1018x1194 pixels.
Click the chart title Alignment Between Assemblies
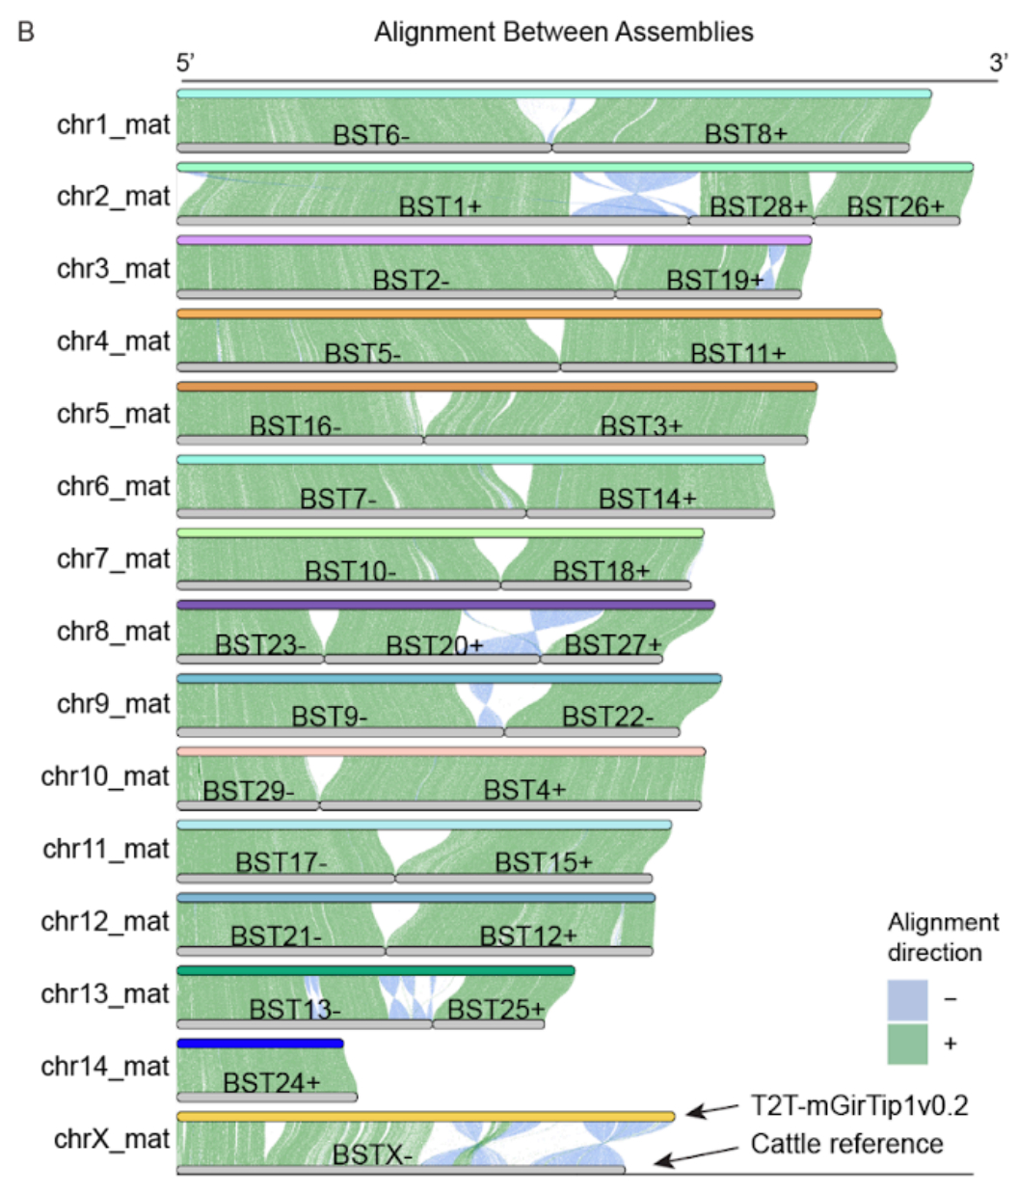coord(564,32)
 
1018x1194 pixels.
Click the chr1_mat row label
coord(114,124)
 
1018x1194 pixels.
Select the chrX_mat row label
coord(112,1139)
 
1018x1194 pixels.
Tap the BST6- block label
coord(371,136)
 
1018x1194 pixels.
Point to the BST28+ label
coord(759,207)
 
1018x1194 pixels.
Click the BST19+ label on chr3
coord(714,281)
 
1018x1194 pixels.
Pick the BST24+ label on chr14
coord(271,1084)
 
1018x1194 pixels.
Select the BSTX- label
coord(372,1155)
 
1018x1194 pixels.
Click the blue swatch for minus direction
coord(907,1000)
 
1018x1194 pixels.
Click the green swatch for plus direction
coord(907,1045)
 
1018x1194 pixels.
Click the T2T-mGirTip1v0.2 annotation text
coord(859,1105)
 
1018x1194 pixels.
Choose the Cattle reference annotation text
coord(846,1145)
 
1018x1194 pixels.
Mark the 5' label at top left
coord(186,64)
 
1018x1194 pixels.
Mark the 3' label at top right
coord(998,64)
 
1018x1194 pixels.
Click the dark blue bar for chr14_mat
coord(260,1044)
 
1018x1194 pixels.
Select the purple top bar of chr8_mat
coord(445,606)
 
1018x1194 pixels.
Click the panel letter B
coord(26,32)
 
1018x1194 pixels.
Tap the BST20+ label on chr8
coord(434,645)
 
